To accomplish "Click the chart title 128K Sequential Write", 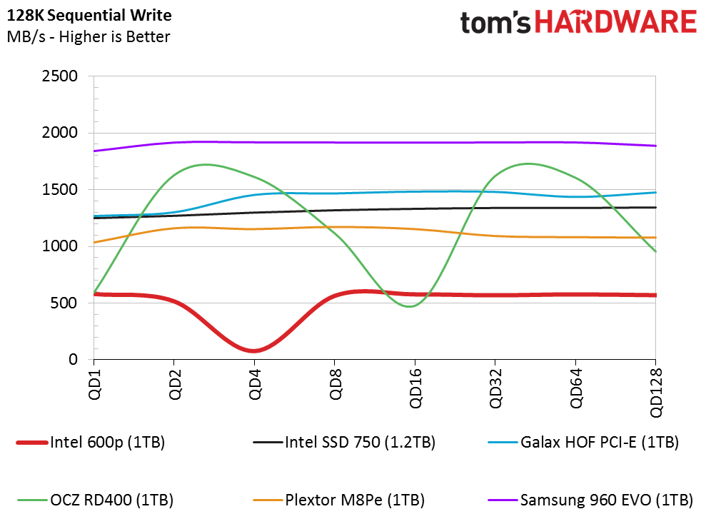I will [89, 14].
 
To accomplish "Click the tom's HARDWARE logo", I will [578, 22].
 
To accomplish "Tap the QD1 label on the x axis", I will [94, 384].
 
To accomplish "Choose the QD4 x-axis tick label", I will [254, 384].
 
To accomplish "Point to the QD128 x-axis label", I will [655, 391].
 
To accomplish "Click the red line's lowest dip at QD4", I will [254, 351].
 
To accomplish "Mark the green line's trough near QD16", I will [410, 306].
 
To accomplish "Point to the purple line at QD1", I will [94, 151].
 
